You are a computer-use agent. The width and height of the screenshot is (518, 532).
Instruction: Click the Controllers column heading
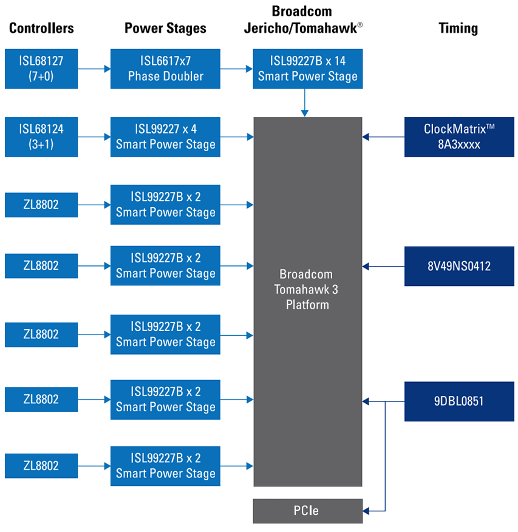41,28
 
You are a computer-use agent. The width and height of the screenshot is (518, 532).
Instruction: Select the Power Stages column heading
165,28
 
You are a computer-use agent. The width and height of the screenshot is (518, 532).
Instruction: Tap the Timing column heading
458,28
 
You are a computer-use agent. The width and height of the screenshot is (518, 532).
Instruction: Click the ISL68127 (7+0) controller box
41,69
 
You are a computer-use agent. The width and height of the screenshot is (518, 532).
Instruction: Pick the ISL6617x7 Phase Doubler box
165,69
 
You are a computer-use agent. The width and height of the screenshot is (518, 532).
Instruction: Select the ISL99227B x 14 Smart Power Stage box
307,69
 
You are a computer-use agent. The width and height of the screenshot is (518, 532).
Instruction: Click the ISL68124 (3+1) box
41,137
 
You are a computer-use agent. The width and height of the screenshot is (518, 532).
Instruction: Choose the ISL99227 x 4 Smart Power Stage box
165,137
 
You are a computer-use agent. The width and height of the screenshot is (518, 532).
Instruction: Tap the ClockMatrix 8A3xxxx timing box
459,137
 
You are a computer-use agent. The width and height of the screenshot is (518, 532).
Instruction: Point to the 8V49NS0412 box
459,266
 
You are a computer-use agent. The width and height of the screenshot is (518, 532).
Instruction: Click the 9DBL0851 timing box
459,401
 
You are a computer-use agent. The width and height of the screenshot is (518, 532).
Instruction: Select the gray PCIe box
307,511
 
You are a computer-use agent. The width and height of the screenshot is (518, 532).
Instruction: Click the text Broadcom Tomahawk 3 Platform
307,289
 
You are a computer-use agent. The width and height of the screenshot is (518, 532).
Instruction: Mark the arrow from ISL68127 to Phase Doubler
94,69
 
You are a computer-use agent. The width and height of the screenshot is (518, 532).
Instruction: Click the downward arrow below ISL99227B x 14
305,103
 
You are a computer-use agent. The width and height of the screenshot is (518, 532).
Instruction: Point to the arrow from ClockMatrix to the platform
383,137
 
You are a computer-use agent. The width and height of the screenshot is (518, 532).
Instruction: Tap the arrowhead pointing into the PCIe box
366,511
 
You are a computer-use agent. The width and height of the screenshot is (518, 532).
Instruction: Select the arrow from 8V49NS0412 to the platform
383,266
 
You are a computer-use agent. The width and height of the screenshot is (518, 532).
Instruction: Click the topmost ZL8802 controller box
41,205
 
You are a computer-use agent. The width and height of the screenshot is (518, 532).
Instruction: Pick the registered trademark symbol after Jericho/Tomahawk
360,24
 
